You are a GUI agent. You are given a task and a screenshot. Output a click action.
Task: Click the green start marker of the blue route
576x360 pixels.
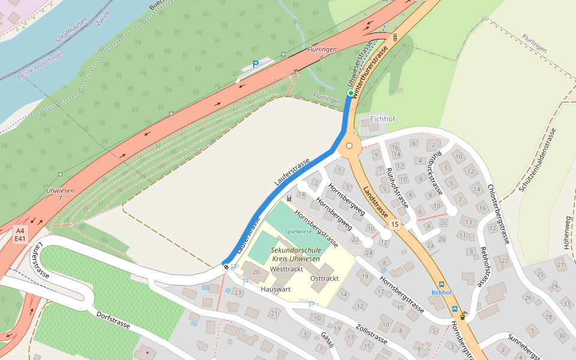click(351, 93)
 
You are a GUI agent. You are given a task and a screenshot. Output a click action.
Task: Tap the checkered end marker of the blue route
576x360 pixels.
click(226, 266)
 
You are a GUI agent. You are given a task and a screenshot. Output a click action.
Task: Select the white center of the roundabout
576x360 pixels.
click(349, 146)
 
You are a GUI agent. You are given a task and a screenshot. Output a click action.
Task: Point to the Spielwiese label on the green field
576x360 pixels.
click(298, 231)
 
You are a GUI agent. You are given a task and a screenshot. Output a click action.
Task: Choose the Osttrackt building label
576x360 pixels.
click(325, 278)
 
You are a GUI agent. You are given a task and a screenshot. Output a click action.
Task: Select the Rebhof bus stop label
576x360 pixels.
click(442, 293)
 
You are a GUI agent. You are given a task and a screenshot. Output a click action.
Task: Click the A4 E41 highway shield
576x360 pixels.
click(20, 234)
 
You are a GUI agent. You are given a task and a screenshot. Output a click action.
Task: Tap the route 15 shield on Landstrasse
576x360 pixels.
click(394, 224)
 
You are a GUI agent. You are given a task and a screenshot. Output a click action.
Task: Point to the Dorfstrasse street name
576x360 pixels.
click(113, 319)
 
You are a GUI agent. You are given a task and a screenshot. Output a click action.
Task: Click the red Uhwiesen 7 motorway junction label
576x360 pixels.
click(60, 194)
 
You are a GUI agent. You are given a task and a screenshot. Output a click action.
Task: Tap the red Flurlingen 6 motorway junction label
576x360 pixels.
click(322, 53)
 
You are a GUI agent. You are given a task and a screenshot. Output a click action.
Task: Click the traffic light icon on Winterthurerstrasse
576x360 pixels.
click(395, 38)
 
